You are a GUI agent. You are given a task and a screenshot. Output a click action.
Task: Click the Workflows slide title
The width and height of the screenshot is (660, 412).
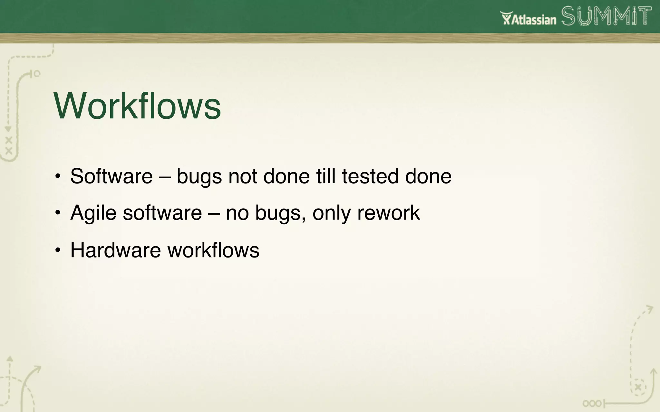pos(137,106)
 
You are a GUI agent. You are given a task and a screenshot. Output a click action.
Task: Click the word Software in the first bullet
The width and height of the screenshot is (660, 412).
pos(111,176)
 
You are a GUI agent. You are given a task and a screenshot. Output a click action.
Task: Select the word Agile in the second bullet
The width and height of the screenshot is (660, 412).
pos(93,213)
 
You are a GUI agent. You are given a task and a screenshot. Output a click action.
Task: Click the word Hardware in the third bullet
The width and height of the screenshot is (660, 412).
pos(115,250)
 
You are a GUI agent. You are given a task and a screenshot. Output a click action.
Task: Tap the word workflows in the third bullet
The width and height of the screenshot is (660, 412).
pos(213,250)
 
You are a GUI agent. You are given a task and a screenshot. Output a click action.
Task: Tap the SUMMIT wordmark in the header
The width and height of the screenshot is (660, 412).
pos(607,16)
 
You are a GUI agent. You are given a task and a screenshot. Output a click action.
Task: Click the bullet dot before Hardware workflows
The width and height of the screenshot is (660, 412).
pos(57,250)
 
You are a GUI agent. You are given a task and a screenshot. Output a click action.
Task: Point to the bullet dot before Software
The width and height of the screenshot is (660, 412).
pos(57,176)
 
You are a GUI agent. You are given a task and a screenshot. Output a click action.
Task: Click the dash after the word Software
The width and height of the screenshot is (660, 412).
pos(164,177)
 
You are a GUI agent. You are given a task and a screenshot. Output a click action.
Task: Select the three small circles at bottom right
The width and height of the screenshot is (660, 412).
pos(592,403)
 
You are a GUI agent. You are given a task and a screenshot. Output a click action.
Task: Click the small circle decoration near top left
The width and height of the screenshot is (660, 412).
pos(37,74)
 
